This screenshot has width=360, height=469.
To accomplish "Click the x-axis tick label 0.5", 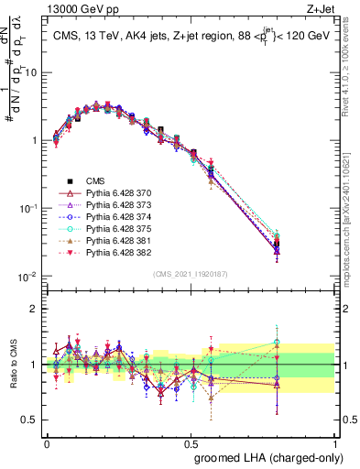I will coord(190,442).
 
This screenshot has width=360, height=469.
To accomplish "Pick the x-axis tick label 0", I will coord(47,442).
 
